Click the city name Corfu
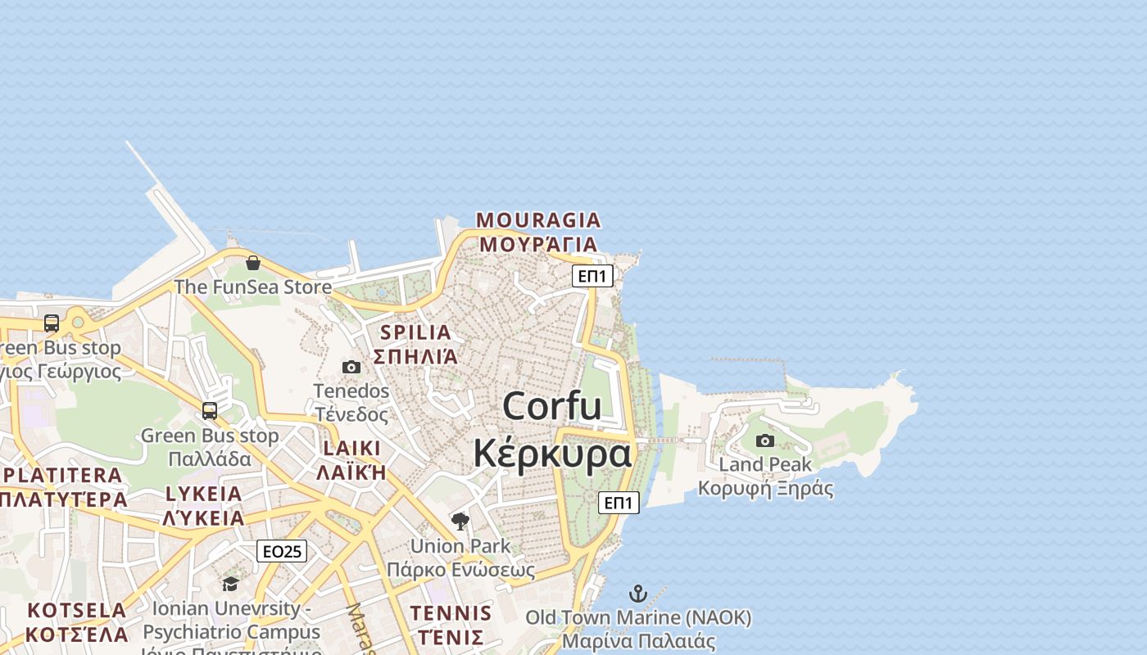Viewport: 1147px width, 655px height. coord(551,406)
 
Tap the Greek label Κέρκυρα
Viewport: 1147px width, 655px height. coord(553,453)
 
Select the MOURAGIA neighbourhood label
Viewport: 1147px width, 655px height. coord(538,220)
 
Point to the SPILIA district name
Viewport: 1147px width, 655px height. coord(415,332)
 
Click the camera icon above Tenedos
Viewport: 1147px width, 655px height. coord(351,367)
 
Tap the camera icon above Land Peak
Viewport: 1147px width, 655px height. coord(764,440)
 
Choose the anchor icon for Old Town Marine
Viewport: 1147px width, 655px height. coord(637,593)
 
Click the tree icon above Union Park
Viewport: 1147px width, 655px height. coord(460,521)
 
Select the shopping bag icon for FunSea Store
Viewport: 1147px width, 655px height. coord(253,263)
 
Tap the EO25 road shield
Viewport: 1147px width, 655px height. coord(282,551)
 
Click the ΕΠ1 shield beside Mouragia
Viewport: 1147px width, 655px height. coord(592,276)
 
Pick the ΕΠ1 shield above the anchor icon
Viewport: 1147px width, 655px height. coord(619,502)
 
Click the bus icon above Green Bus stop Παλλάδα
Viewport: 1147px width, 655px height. coord(210,410)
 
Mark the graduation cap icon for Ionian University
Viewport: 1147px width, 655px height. coord(230,583)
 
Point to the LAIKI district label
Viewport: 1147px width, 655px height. coord(352,448)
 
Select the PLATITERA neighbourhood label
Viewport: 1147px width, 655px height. coord(62,475)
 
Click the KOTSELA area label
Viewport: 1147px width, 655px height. coord(76,611)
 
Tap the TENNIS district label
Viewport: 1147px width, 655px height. coord(451,613)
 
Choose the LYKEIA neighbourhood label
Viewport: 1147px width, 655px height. coord(204,494)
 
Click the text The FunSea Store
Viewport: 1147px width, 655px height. coord(252,287)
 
